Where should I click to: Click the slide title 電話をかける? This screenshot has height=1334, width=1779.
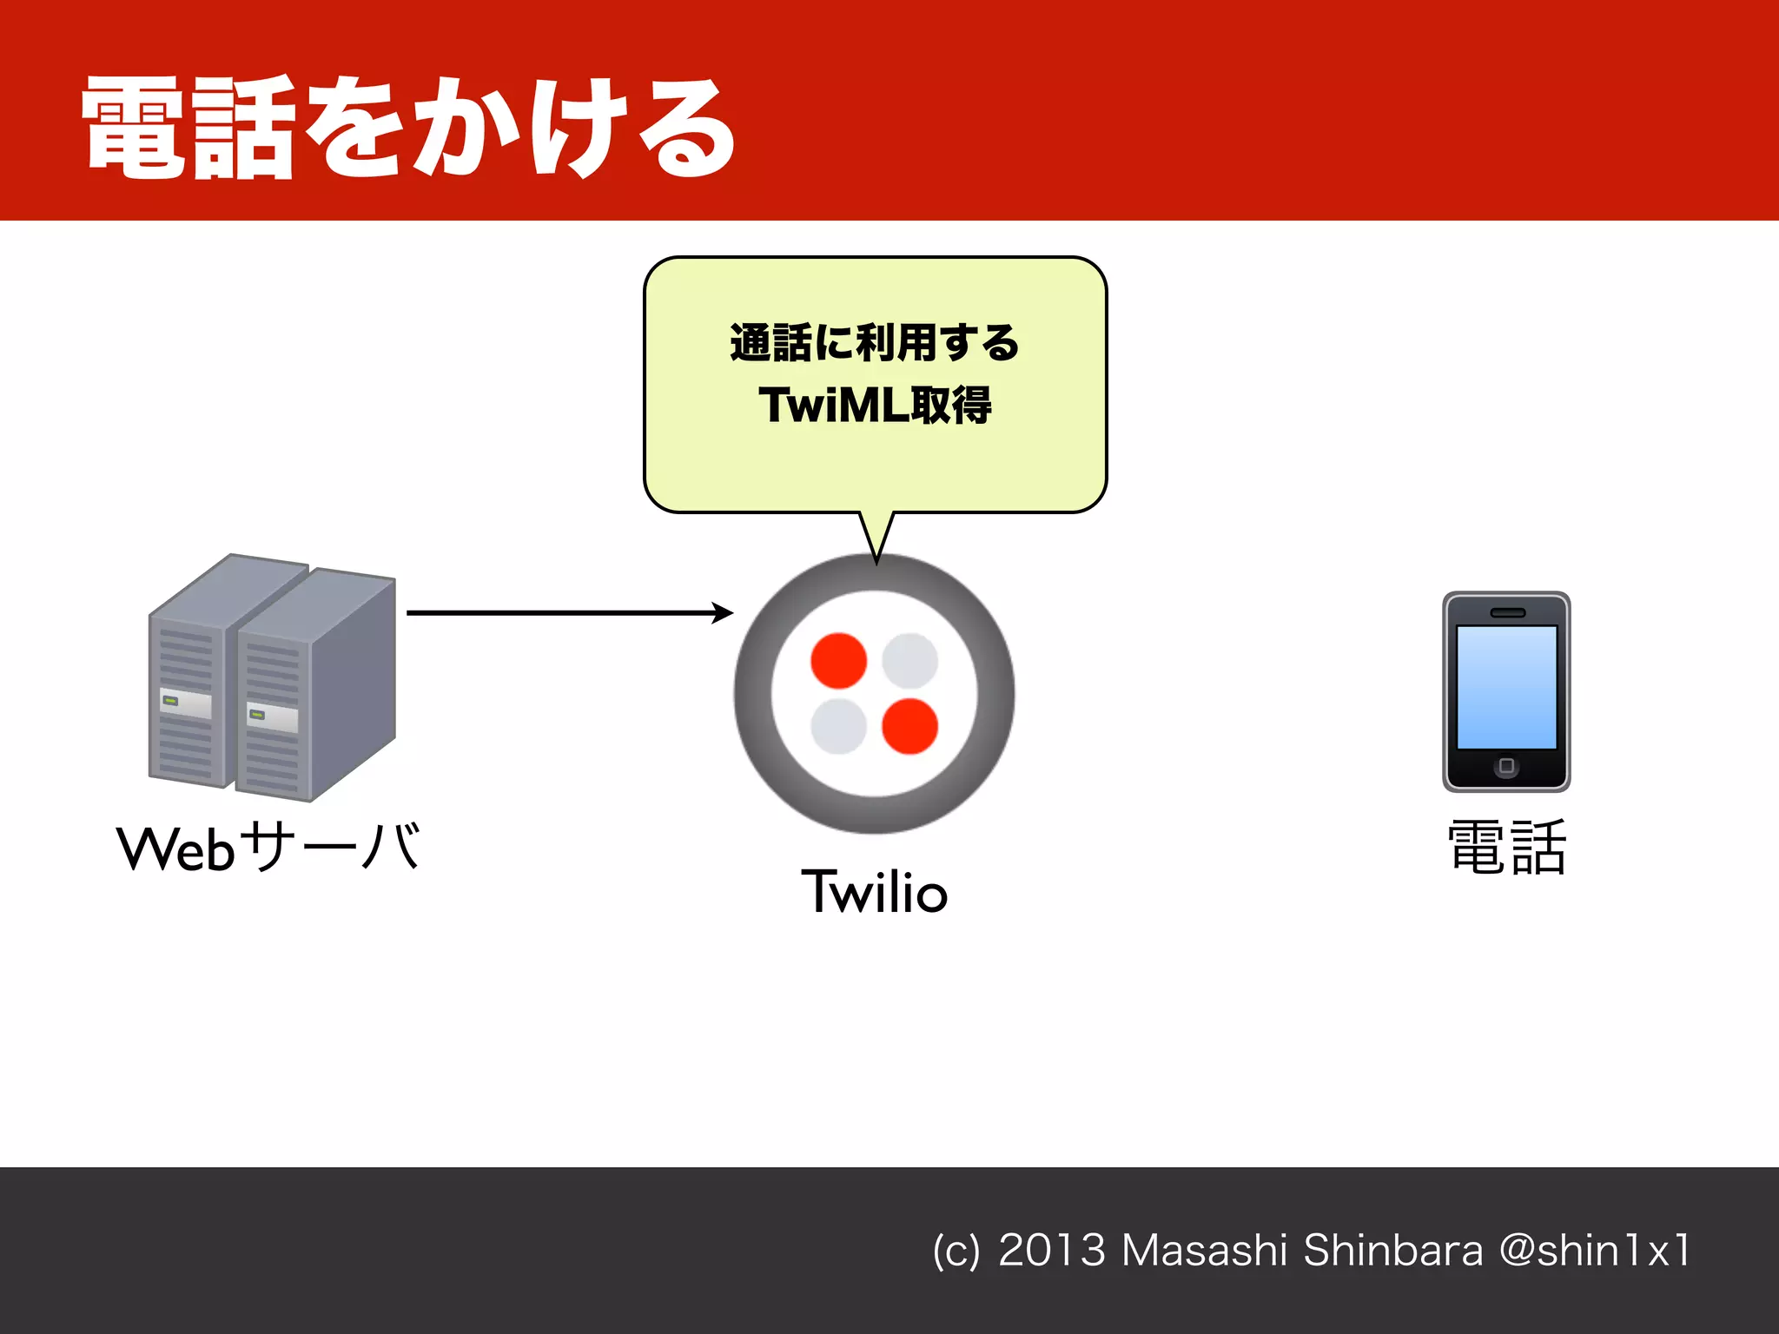click(x=408, y=128)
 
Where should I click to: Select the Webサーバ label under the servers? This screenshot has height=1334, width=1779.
click(x=268, y=848)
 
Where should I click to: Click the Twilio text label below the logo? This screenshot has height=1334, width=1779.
click(x=874, y=891)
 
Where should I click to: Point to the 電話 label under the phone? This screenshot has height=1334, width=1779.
click(x=1506, y=848)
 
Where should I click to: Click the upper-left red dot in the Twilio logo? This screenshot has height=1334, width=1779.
click(x=838, y=661)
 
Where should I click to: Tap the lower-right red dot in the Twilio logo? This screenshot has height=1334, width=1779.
click(x=909, y=726)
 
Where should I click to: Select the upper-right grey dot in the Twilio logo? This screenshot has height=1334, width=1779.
click(x=909, y=661)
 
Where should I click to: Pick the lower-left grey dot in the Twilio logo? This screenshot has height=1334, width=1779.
click(x=838, y=726)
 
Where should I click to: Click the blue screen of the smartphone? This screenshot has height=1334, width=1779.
click(x=1506, y=687)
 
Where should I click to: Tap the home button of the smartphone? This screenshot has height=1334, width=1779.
click(x=1506, y=766)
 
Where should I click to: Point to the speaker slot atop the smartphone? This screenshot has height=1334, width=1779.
click(x=1507, y=613)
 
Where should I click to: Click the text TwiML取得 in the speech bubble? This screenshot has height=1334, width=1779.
click(x=875, y=406)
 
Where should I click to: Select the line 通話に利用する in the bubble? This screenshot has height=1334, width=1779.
click(x=875, y=342)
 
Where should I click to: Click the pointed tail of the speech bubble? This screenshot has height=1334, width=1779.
click(x=876, y=543)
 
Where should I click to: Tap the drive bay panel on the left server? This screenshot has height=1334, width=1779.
click(x=185, y=703)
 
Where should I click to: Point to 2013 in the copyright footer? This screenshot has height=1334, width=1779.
click(x=1051, y=1251)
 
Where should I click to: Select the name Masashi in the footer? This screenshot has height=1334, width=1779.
click(x=1204, y=1251)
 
